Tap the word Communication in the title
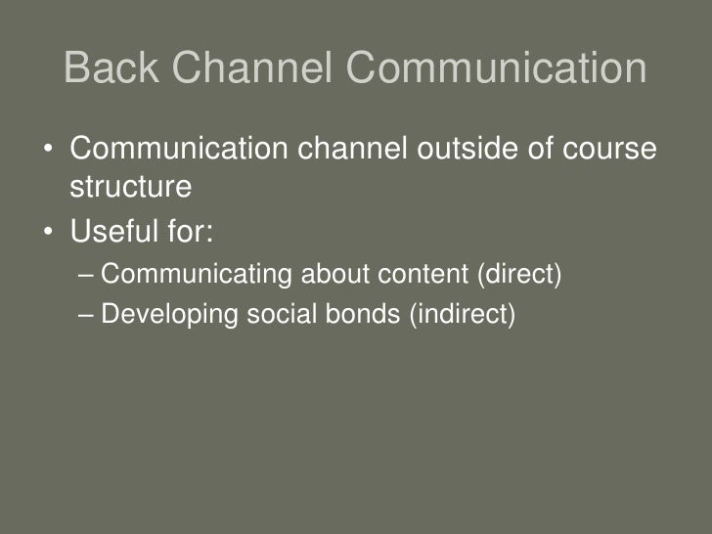[x=498, y=69]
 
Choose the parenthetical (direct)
[x=518, y=276]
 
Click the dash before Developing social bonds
[x=86, y=315]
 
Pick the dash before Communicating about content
[x=86, y=276]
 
